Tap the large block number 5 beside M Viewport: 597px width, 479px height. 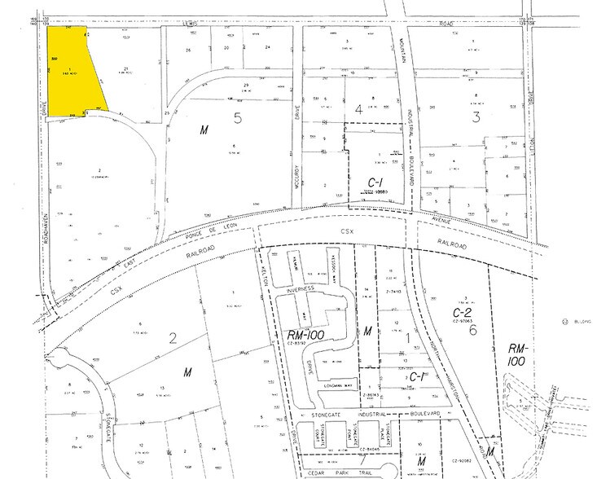[x=238, y=117]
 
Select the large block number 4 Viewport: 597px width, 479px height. [x=357, y=108]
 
